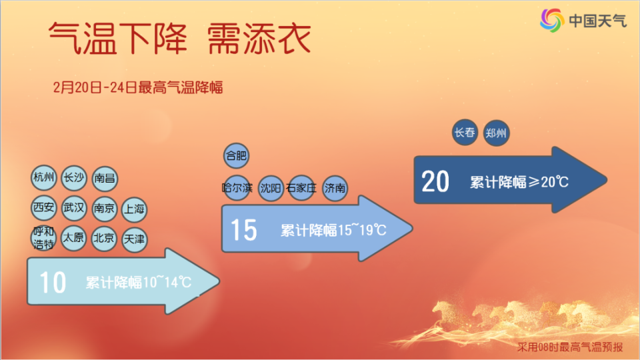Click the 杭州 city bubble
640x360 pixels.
point(43,177)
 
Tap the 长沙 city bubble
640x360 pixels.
point(73,177)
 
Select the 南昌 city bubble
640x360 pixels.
point(105,178)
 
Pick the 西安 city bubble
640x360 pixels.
point(43,208)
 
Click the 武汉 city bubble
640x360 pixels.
point(73,208)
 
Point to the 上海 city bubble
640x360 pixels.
point(134,209)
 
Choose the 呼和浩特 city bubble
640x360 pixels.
point(43,239)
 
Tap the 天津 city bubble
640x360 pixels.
point(134,239)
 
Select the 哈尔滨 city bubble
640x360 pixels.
point(237,188)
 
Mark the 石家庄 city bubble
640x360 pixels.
point(300,188)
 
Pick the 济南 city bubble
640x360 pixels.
point(335,188)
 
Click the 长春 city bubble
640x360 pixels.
point(465,132)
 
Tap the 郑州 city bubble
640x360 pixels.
point(496,133)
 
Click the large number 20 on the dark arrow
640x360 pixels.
point(435,181)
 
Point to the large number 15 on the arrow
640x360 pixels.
point(243,231)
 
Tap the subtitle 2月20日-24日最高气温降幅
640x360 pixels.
point(137,87)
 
